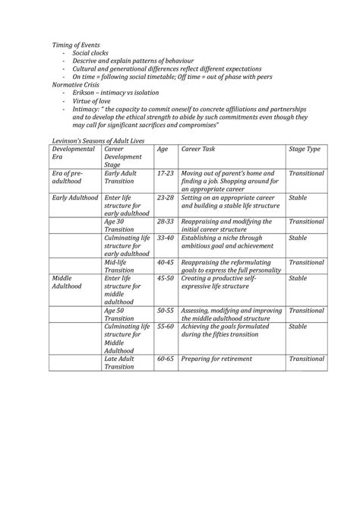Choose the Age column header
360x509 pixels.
tap(163, 150)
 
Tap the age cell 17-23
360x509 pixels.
tap(165, 174)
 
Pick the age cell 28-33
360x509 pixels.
tap(165, 221)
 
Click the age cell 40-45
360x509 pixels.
tap(165, 262)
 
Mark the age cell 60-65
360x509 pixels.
tap(165, 357)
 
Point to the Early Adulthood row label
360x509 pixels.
tap(75, 198)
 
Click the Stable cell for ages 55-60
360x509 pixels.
tap(298, 326)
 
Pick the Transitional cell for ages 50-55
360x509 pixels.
tap(306, 310)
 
